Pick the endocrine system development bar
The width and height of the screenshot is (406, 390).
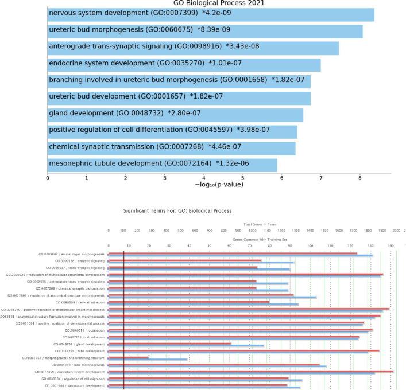point(184,65)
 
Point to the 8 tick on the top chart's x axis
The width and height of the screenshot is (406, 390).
point(360,178)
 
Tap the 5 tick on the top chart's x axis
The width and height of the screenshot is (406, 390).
point(243,178)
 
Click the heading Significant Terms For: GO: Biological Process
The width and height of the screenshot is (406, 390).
point(177,211)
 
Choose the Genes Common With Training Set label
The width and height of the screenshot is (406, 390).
point(255,237)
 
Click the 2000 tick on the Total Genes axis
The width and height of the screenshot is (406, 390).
point(396,231)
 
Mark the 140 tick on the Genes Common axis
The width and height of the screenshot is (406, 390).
point(390,245)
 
